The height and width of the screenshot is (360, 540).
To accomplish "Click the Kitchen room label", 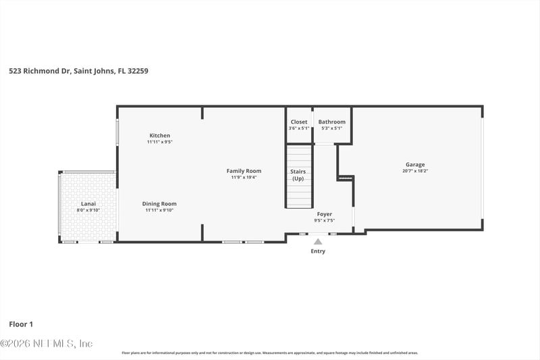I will (x=160, y=135).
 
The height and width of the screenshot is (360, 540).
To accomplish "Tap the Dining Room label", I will (x=160, y=203).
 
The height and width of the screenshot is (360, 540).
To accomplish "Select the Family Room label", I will (x=244, y=171).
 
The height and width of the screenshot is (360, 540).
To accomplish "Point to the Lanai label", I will (x=88, y=203).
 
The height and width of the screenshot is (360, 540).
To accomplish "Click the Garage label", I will (x=415, y=164).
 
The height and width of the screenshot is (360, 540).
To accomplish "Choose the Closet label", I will (x=298, y=122).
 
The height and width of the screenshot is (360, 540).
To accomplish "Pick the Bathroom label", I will (x=331, y=122).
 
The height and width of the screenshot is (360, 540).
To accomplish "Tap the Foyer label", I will (x=325, y=214).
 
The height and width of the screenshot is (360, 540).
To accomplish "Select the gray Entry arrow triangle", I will (x=318, y=240).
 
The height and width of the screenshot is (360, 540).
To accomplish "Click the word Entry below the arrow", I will (x=318, y=251).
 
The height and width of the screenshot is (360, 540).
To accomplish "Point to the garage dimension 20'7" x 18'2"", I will (x=415, y=171).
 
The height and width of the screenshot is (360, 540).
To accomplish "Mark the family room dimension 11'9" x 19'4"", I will (x=244, y=177).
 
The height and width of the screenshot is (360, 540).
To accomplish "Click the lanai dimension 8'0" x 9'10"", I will (x=88, y=210).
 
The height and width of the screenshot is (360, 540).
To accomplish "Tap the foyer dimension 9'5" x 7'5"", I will (x=325, y=221).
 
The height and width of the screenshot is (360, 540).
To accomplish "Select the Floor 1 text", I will (x=21, y=324).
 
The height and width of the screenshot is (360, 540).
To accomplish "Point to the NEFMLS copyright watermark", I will (x=47, y=344).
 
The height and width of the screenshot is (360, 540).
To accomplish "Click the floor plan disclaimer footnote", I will (x=269, y=353).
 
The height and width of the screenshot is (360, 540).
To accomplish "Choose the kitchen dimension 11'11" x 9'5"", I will (x=160, y=142).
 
